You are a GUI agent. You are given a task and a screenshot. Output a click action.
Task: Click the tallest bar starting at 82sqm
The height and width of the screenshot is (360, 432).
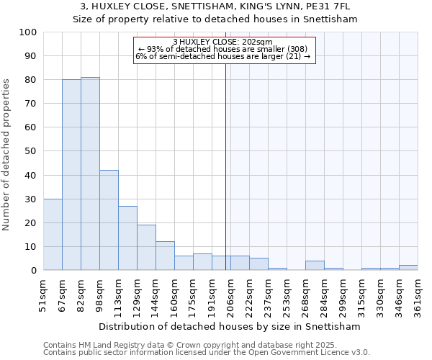[90, 174]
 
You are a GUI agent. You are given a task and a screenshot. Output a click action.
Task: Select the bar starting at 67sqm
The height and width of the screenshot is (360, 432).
[71, 175]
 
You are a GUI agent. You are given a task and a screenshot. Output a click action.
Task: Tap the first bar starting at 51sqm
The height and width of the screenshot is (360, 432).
[53, 235]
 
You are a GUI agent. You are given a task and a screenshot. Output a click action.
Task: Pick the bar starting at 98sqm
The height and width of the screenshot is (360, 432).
[109, 220]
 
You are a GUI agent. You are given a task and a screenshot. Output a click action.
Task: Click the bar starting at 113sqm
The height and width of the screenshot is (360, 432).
[127, 238]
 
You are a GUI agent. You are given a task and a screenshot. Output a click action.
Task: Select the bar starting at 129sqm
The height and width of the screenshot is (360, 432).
[146, 248]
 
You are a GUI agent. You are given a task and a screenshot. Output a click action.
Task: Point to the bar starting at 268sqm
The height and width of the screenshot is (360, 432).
[315, 266]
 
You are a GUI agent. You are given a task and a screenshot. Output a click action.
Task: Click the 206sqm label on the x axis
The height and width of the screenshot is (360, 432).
[230, 296]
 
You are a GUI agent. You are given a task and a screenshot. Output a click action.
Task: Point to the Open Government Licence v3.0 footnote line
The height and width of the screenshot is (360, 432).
[207, 353]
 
